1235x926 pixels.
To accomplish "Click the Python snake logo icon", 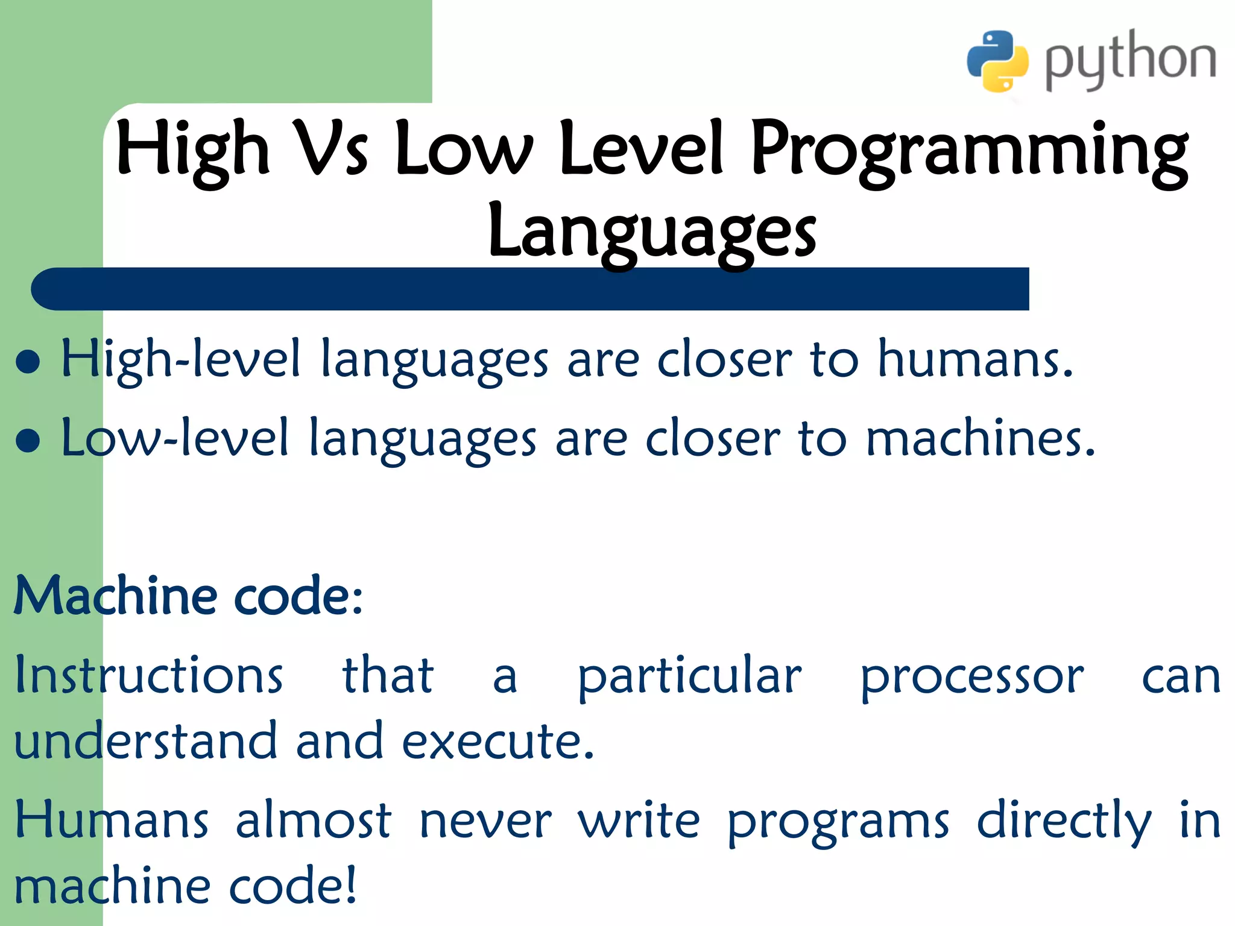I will coord(997,61).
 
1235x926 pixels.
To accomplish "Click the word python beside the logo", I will coord(1130,61).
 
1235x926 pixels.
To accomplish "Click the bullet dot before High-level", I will coord(28,362).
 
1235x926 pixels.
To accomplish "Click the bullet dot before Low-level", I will coord(28,440).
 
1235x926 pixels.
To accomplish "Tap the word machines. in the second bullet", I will coord(980,438).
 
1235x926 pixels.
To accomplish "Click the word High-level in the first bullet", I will coord(180,360).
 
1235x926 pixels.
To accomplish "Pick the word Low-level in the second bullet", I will coord(175,438).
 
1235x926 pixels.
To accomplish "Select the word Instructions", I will coord(148,675).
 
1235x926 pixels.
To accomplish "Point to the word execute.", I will coord(498,741).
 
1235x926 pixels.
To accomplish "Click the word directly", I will coord(1064,822).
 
